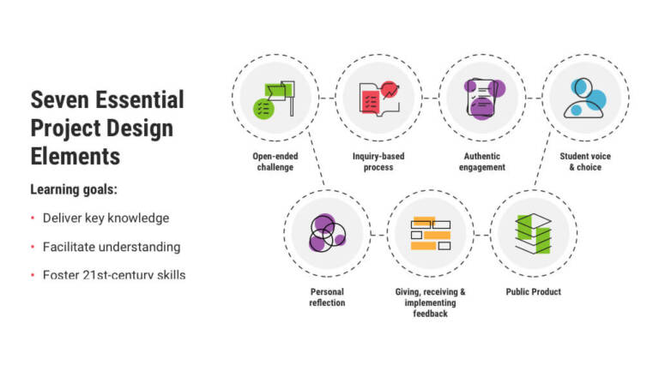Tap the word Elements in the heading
(76, 157)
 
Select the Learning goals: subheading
(74, 188)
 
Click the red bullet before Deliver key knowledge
(33, 218)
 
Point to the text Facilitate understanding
(112, 247)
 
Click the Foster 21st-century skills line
(114, 274)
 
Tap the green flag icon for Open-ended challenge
(275, 98)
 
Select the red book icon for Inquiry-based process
(378, 98)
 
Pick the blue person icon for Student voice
(585, 98)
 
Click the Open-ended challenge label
(275, 162)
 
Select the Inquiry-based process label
(378, 162)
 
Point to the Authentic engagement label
(481, 162)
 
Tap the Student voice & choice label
(585, 162)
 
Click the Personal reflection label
(327, 297)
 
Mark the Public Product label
(533, 292)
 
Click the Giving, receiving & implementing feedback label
(430, 302)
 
